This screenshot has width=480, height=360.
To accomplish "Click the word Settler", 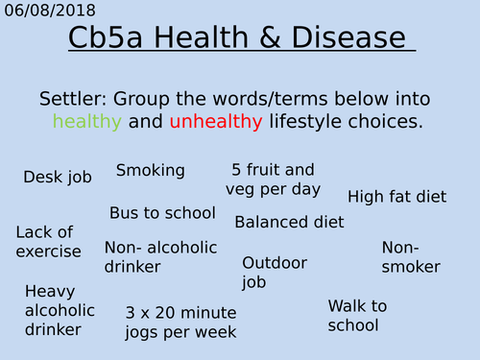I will tap(78, 100).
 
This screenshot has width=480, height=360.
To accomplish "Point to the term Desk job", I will tap(58, 177).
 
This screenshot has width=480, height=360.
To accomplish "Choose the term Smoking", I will tap(150, 171).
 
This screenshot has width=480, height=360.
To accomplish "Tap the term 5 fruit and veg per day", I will tap(273, 180).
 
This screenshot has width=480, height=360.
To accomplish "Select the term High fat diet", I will tap(396, 197).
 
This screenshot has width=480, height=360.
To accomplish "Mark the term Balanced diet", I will tap(289, 222).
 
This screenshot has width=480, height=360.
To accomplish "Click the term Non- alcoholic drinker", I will tap(147, 256).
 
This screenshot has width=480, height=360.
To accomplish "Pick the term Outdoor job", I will tap(274, 272).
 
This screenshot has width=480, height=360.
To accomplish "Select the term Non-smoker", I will tap(411, 257).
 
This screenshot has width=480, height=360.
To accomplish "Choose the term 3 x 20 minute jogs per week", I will tap(180, 323).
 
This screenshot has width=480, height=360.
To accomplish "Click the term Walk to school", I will tap(357, 315).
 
